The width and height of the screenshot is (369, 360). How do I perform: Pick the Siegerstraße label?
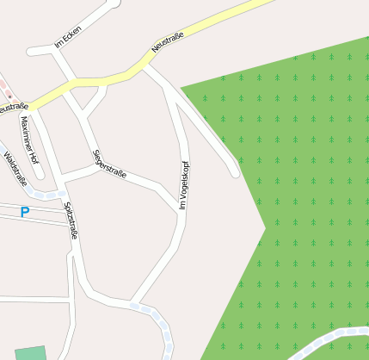109,164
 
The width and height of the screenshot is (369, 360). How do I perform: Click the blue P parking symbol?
25,212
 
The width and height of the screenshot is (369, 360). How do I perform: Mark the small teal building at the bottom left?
29,352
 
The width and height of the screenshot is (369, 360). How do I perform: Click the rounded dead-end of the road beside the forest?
235,173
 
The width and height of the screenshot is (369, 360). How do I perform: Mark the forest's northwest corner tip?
181,87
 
